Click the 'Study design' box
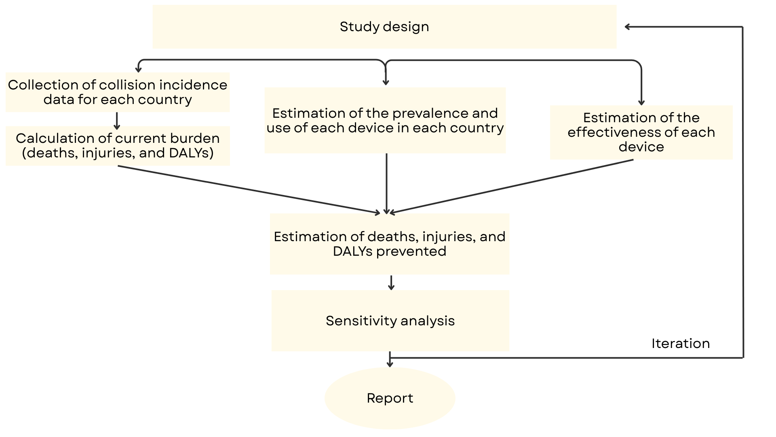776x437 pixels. [384, 27]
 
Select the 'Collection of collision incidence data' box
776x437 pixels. [118, 92]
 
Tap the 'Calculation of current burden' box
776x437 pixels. [118, 146]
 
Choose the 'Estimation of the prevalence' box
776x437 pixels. [385, 121]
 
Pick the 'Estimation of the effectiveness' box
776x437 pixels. [641, 132]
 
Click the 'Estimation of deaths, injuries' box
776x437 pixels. [389, 244]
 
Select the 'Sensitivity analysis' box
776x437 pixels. [390, 320]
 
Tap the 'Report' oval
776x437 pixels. [390, 398]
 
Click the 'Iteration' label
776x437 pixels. [680, 344]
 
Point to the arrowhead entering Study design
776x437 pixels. [628, 27]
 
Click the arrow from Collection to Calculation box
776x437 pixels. [117, 121]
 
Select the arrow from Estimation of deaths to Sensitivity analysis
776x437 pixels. [391, 282]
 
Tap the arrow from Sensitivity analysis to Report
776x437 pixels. [390, 360]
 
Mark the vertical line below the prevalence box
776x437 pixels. [386, 182]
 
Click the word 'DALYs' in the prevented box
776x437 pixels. [352, 251]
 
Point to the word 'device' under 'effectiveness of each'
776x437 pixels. [641, 147]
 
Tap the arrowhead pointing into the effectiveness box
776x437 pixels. [641, 102]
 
